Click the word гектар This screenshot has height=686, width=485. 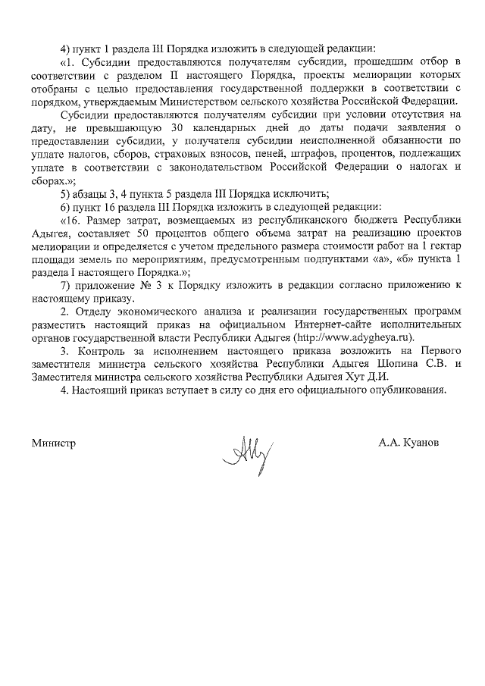click(x=439, y=246)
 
